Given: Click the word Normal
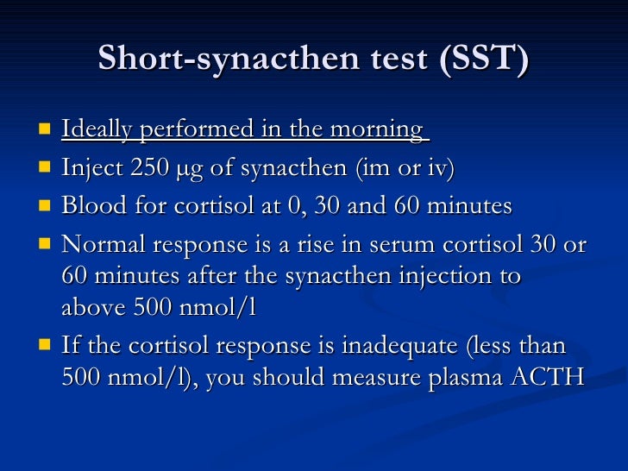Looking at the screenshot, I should (x=104, y=245).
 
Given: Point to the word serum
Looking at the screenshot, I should (x=392, y=245).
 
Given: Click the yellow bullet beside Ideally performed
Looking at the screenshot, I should (x=44, y=130).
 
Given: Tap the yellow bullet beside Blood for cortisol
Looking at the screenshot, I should (x=44, y=206).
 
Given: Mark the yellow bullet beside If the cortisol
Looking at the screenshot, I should (x=44, y=346).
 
